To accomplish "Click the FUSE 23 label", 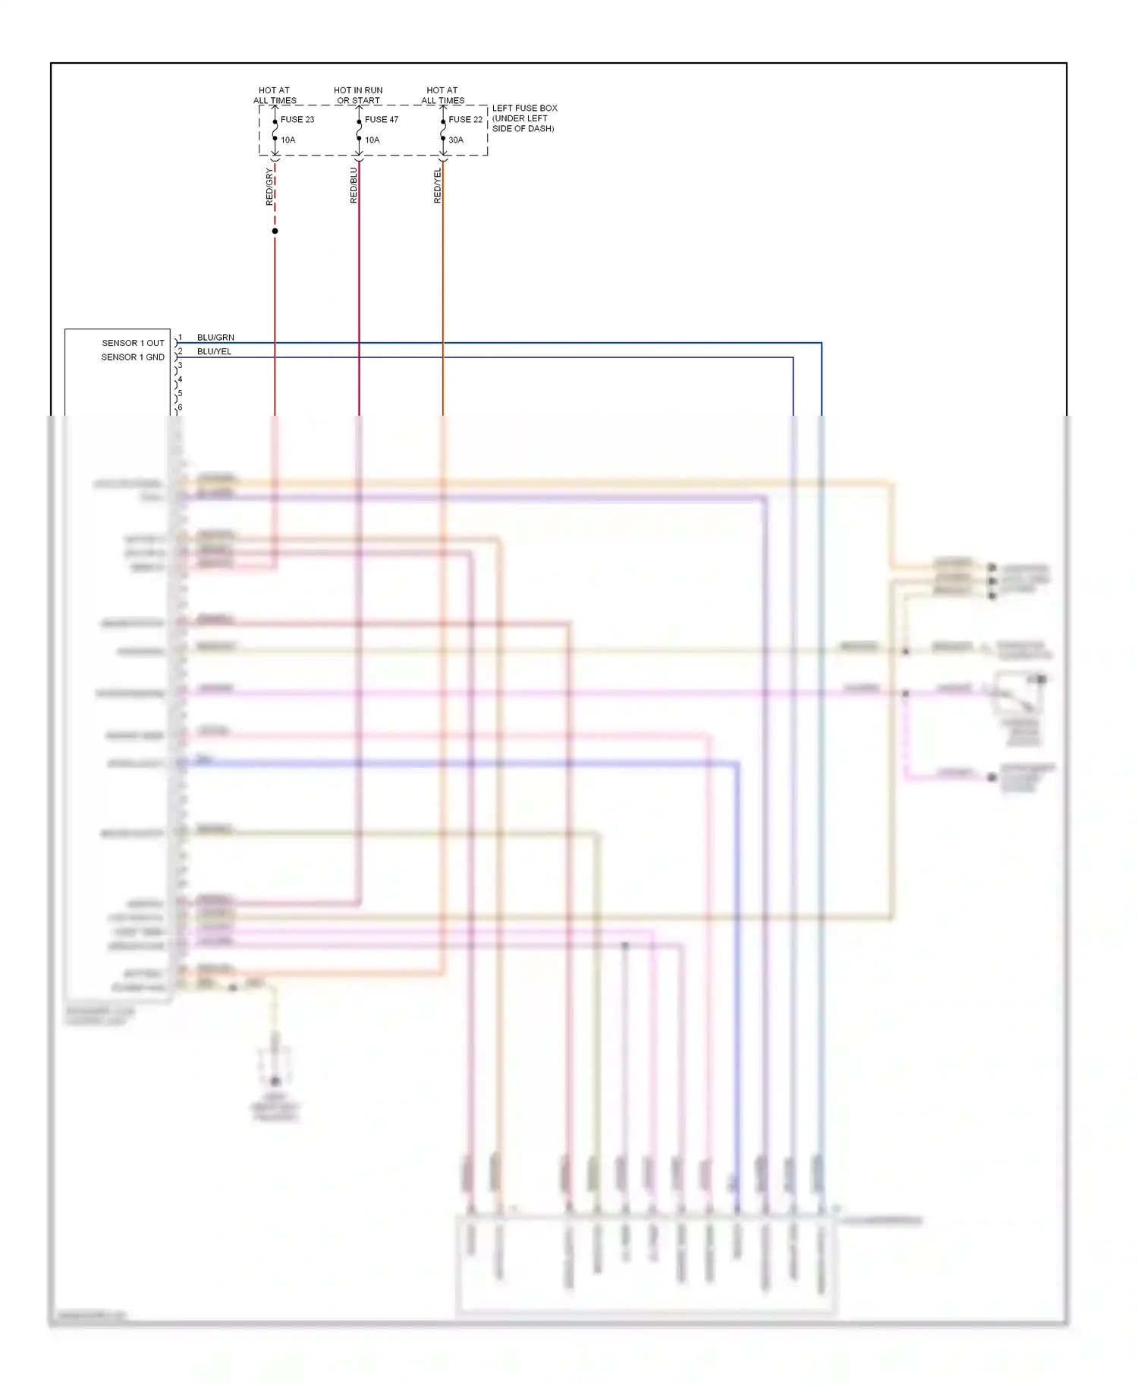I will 297,120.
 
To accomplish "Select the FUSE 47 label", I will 381,120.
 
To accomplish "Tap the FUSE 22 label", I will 465,120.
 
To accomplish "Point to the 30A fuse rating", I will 455,140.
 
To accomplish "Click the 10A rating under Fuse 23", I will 288,140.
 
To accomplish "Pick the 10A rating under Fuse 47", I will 372,140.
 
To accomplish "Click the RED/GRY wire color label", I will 269,187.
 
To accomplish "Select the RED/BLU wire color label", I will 354,185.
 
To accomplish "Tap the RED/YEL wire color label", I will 438,185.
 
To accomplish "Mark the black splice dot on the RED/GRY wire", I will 275,231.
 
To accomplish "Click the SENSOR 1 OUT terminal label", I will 133,343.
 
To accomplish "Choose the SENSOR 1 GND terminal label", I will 133,357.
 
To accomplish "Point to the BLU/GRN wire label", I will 215,338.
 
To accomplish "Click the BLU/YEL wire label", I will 214,352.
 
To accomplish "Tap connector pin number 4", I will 180,379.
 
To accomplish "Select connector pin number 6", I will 180,407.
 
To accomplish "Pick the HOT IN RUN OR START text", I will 358,95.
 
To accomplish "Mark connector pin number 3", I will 180,366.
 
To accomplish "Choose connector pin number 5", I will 180,394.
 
